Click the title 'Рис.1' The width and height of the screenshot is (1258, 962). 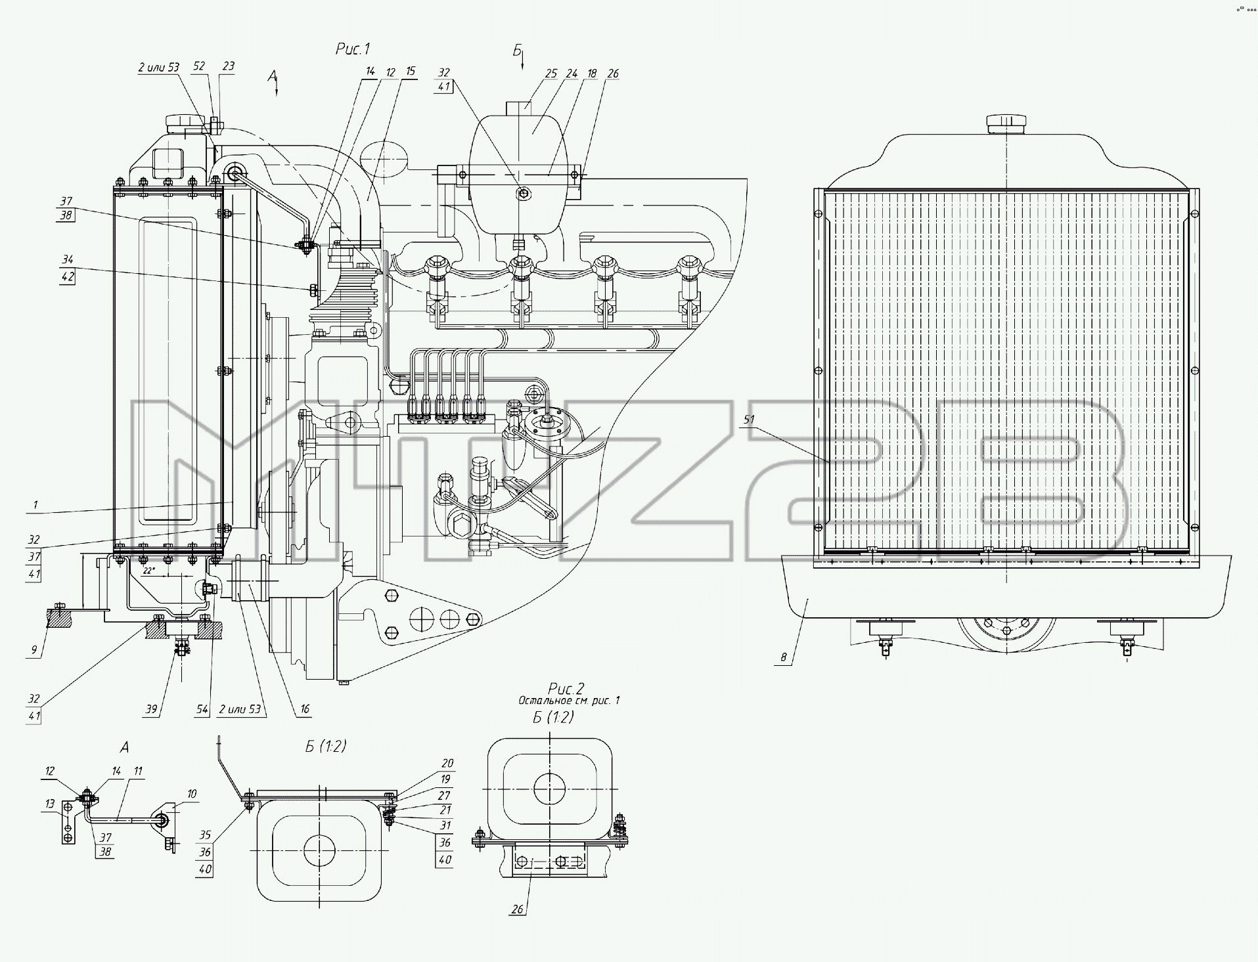point(353,49)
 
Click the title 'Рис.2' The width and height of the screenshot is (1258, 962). point(566,688)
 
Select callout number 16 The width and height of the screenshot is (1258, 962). point(304,710)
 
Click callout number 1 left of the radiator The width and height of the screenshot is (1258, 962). point(35,506)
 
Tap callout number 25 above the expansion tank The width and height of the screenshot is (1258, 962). point(550,74)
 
